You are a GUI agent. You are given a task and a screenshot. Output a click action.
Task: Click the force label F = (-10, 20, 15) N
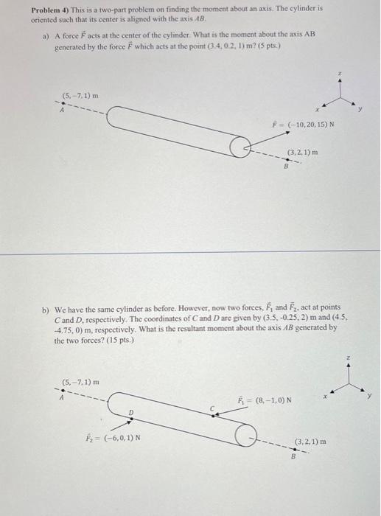pos(304,125)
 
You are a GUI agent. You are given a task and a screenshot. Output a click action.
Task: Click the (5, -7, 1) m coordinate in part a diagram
pos(80,95)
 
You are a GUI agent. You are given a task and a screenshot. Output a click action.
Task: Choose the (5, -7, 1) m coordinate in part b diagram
pos(80,383)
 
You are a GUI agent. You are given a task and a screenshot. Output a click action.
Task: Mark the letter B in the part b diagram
pos(293,456)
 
